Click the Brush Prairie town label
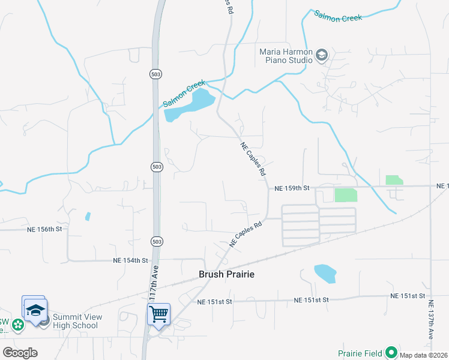tap(226, 274)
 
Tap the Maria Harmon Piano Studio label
tap(286, 56)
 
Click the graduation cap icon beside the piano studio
tap(321, 56)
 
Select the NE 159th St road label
tap(291, 188)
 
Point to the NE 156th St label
tap(44, 229)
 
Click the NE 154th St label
tap(130, 260)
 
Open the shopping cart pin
tap(158, 313)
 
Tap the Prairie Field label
tap(360, 353)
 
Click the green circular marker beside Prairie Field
tap(391, 352)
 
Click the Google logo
tap(20, 353)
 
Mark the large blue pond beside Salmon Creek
tap(190, 105)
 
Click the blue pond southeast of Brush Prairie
tap(325, 274)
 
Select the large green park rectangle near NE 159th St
tap(345, 194)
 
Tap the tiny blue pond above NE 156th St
tap(88, 216)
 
